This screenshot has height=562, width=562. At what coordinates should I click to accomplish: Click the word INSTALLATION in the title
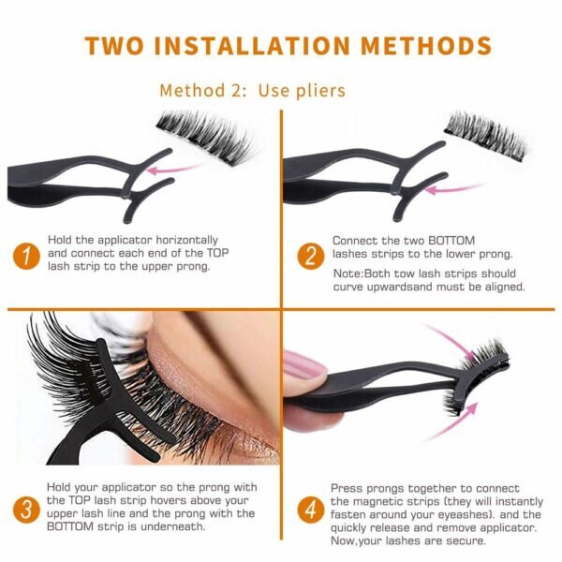[252, 46]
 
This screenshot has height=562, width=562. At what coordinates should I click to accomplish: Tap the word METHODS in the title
[426, 46]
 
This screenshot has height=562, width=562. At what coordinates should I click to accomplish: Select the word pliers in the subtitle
[320, 91]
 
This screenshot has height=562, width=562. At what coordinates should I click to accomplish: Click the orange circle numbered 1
[26, 257]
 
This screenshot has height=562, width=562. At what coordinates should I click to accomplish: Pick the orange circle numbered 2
[311, 257]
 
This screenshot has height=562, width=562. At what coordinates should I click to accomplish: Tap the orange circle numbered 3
[26, 510]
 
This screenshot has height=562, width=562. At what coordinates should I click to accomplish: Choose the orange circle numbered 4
[311, 510]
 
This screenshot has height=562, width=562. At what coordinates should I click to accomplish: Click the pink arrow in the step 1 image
[174, 169]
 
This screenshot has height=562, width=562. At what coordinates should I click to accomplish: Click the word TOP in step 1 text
[217, 253]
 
